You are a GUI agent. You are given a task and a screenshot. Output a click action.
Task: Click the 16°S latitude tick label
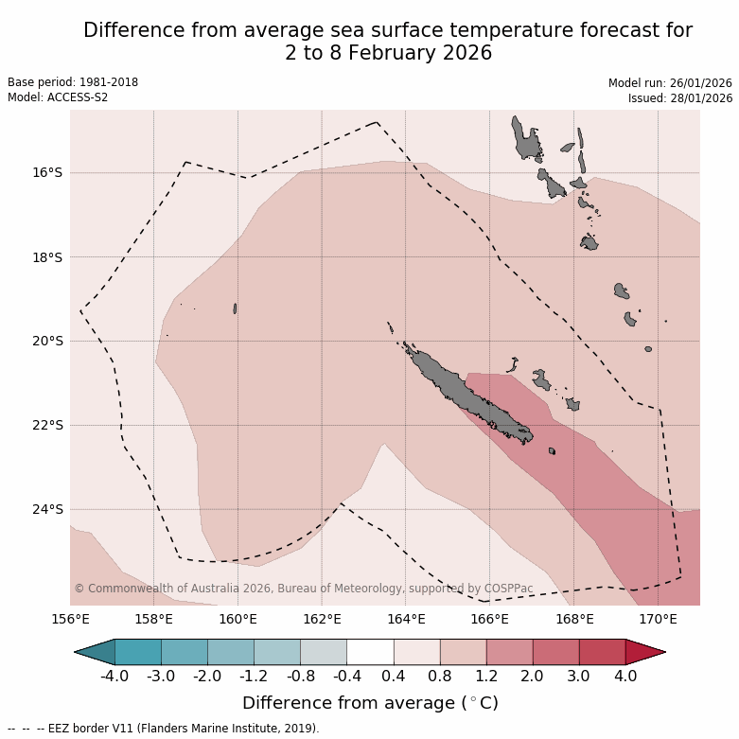(47, 173)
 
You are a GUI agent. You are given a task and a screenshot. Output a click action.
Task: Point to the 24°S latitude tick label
(47, 509)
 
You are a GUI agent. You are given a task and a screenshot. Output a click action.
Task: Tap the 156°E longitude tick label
(70, 620)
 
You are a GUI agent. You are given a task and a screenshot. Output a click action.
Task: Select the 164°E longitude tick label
(406, 620)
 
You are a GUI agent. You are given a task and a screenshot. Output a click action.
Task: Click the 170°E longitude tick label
(658, 620)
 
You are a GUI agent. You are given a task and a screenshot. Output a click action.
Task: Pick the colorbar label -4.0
(114, 677)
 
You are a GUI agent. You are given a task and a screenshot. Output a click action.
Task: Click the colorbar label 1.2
(486, 677)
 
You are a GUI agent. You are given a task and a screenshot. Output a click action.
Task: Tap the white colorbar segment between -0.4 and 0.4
(370, 652)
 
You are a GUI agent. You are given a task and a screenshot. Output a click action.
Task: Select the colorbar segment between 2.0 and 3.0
(555, 652)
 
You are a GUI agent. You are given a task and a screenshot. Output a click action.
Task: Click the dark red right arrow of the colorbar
(643, 652)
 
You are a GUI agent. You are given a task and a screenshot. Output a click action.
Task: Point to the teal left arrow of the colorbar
(96, 652)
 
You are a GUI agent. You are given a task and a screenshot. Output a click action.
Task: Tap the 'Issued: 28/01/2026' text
(680, 97)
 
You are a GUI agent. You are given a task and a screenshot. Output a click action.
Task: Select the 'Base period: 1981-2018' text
(73, 82)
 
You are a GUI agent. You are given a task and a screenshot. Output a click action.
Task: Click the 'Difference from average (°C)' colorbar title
(370, 703)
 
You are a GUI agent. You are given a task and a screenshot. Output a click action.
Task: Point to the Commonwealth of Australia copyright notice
(303, 589)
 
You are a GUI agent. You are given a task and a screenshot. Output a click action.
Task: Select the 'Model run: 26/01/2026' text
(670, 83)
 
